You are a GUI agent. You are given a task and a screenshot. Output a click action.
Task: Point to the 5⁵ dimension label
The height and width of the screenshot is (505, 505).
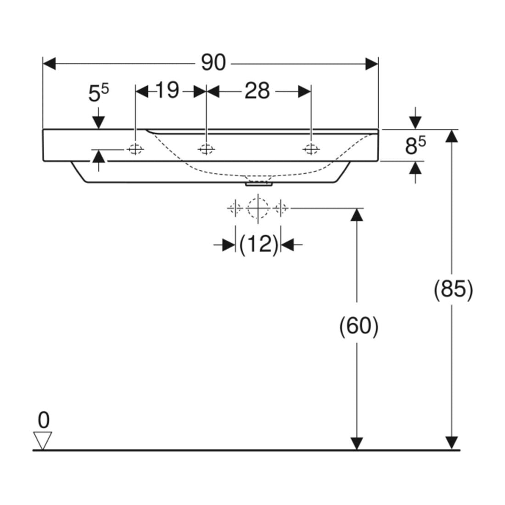[99, 92]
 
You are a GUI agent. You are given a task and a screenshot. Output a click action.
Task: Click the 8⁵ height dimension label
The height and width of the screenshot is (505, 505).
[415, 145]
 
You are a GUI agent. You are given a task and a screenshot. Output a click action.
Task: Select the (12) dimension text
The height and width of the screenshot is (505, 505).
[258, 244]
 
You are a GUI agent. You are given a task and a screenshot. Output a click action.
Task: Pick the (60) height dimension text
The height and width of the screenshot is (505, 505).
[359, 326]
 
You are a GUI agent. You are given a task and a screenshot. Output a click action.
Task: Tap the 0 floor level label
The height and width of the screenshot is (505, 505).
[44, 420]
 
